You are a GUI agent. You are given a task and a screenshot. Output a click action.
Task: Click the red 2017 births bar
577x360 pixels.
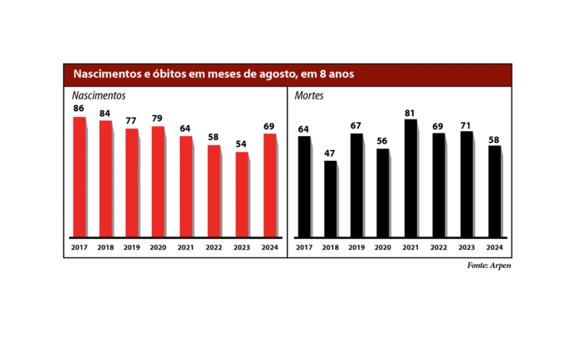click(80, 176)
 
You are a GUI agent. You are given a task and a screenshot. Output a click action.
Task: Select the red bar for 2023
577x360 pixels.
click(241, 193)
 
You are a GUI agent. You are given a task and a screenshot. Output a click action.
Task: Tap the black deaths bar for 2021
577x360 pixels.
click(410, 178)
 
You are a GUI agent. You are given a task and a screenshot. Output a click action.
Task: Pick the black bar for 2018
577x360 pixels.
click(331, 198)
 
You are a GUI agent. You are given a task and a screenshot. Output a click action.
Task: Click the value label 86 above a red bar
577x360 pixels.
click(79, 109)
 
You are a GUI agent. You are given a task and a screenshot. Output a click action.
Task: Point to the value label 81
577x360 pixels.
click(410, 112)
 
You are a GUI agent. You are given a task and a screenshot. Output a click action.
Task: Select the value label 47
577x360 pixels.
click(331, 153)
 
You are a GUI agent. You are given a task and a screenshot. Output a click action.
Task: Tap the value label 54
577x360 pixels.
click(241, 144)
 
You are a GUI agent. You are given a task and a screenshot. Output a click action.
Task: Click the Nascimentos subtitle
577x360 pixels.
click(99, 95)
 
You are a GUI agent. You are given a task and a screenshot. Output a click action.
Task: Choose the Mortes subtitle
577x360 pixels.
click(308, 95)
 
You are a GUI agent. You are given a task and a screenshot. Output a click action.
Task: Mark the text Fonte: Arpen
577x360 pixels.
click(489, 265)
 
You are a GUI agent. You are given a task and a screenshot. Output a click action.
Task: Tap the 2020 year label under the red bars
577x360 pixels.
click(158, 248)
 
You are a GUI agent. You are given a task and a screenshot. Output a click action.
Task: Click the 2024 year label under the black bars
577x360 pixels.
click(494, 248)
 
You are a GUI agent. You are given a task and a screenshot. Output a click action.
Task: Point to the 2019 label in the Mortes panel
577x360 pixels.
click(356, 248)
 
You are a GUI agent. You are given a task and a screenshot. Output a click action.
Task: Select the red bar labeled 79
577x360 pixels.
click(158, 181)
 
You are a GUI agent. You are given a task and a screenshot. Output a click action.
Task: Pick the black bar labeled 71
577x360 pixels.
click(467, 183)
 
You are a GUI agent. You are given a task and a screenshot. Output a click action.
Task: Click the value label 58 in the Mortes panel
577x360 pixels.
click(494, 139)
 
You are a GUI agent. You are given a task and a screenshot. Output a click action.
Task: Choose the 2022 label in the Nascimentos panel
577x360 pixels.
click(214, 248)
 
